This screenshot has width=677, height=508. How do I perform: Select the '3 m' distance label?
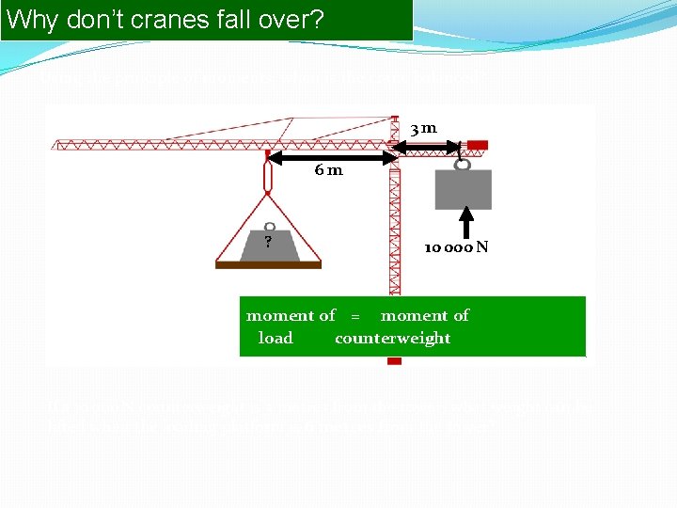pyautogui.click(x=423, y=128)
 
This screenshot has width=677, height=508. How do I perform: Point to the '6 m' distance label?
pyautogui.click(x=329, y=170)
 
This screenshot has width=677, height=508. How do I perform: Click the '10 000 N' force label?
pyautogui.click(x=455, y=247)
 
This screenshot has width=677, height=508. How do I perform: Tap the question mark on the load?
pyautogui.click(x=268, y=243)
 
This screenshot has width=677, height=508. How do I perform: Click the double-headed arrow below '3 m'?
pyautogui.click(x=428, y=146)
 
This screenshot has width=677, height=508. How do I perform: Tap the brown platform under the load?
pyautogui.click(x=268, y=265)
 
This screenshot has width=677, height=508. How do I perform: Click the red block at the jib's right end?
pyautogui.click(x=478, y=145)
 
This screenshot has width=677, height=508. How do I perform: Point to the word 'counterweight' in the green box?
pyautogui.click(x=393, y=338)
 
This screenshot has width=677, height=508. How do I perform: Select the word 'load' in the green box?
pyautogui.click(x=276, y=338)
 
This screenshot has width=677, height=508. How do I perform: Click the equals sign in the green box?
pyautogui.click(x=355, y=316)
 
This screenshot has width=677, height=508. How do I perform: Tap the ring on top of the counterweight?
pyautogui.click(x=463, y=165)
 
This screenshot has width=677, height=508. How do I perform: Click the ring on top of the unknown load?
pyautogui.click(x=268, y=226)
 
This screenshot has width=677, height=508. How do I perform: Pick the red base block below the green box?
pyautogui.click(x=394, y=361)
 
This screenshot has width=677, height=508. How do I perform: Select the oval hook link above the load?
pyautogui.click(x=267, y=176)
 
